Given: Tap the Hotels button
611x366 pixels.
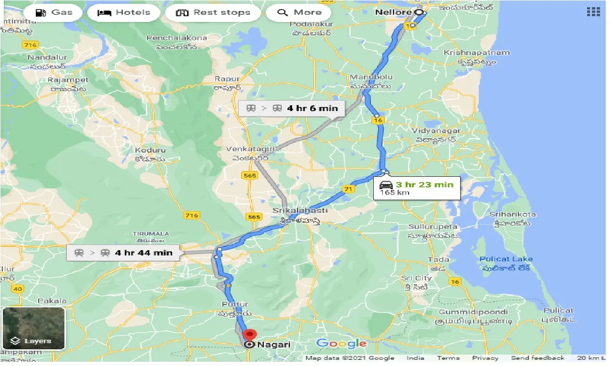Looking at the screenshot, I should pyautogui.click(x=124, y=12).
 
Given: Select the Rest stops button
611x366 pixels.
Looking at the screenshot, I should pyautogui.click(x=213, y=12).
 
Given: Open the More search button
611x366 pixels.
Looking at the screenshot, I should pyautogui.click(x=300, y=12).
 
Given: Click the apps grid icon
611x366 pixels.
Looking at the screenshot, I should pyautogui.click(x=593, y=12).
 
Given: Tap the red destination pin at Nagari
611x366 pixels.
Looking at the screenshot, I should pyautogui.click(x=250, y=335).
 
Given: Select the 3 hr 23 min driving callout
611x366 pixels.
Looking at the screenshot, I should pyautogui.click(x=417, y=188).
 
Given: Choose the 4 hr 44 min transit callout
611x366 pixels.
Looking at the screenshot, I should pyautogui.click(x=123, y=253).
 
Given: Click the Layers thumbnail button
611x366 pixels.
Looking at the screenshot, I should pyautogui.click(x=33, y=328).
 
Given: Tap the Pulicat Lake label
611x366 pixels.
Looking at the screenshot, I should pyautogui.click(x=506, y=259).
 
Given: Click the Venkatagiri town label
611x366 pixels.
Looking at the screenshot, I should pyautogui.click(x=250, y=149).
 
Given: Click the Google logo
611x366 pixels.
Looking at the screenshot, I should pyautogui.click(x=341, y=343).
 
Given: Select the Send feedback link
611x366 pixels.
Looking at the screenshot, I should pyautogui.click(x=537, y=358).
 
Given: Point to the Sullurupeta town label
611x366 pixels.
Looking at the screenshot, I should pyautogui.click(x=432, y=227).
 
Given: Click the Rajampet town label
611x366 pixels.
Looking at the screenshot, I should pyautogui.click(x=68, y=80).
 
